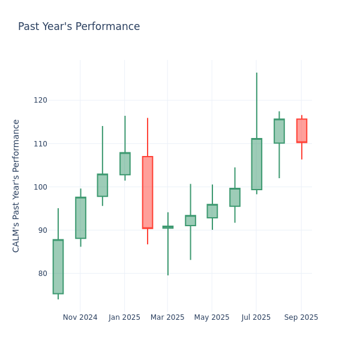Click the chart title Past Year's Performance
[79, 27]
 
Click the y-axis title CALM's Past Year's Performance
[16, 185]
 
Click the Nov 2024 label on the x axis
[80, 317]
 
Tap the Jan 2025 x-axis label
[124, 317]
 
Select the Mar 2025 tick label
[167, 317]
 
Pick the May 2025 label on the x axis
[212, 317]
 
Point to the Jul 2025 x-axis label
[256, 317]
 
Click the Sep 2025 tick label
[301, 317]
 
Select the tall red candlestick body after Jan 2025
[148, 192]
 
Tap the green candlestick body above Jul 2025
[256, 164]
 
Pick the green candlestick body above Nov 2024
[80, 218]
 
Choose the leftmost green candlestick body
[58, 266]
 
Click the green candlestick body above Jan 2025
[125, 164]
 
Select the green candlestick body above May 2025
[212, 211]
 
